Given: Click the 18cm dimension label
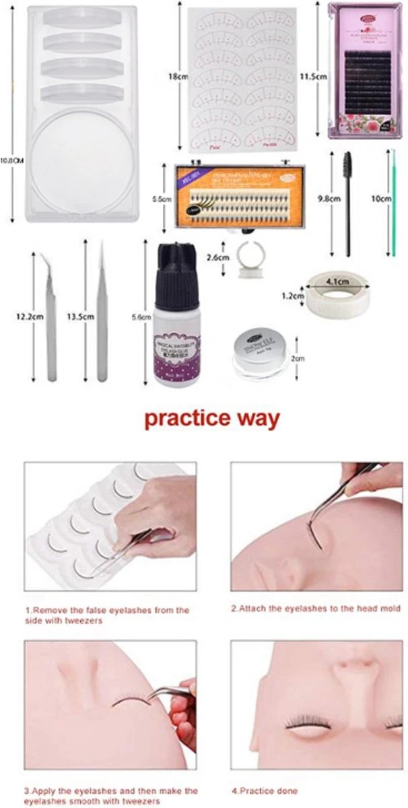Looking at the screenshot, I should click(178, 77).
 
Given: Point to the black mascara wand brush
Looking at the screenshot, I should click(348, 202).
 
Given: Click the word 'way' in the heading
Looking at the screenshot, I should click(254, 418).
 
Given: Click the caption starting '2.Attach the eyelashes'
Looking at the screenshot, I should click(315, 608).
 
